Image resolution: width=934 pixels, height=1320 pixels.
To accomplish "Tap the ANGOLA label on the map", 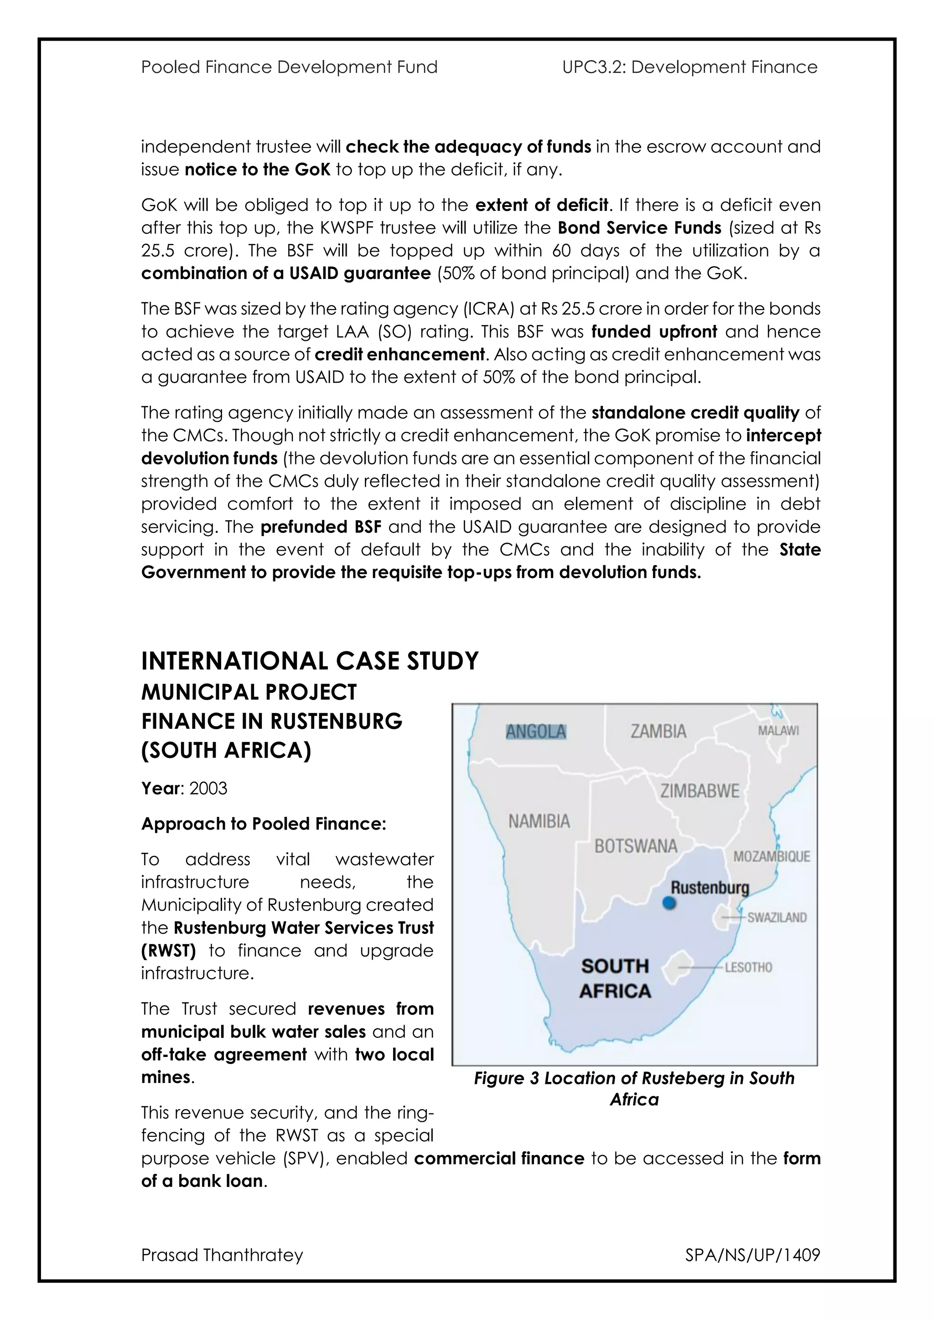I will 536,732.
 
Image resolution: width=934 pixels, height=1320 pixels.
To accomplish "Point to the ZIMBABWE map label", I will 700,791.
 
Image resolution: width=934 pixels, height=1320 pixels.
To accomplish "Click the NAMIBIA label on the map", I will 539,821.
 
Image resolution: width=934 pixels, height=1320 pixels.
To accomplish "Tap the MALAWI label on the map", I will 778,731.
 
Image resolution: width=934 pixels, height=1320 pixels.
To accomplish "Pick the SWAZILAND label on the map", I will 777,918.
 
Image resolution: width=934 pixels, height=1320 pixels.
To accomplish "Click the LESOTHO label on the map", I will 748,968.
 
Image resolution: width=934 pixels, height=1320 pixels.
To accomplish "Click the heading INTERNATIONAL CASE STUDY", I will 309,661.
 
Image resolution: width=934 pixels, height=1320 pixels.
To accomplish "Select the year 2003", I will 208,788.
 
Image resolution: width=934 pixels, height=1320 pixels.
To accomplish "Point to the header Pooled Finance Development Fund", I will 289,67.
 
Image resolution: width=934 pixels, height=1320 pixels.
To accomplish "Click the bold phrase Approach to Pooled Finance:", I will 264,824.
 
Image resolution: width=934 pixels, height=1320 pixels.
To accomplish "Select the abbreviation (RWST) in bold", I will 168,950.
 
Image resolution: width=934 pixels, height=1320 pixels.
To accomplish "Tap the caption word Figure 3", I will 506,1078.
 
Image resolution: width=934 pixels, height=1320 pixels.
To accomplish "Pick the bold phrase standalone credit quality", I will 695,413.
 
